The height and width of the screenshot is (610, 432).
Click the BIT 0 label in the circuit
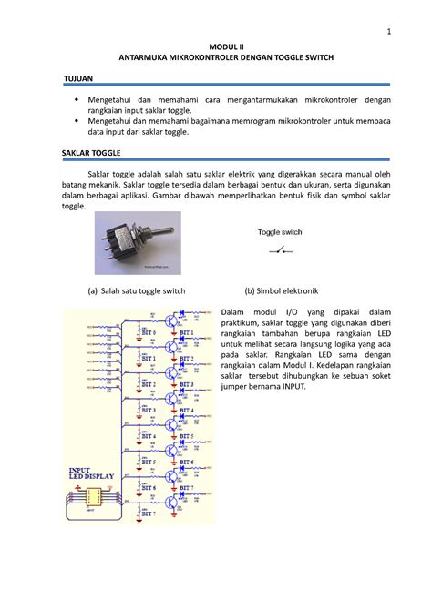click(145, 332)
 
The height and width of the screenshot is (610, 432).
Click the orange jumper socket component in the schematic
click(93, 499)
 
